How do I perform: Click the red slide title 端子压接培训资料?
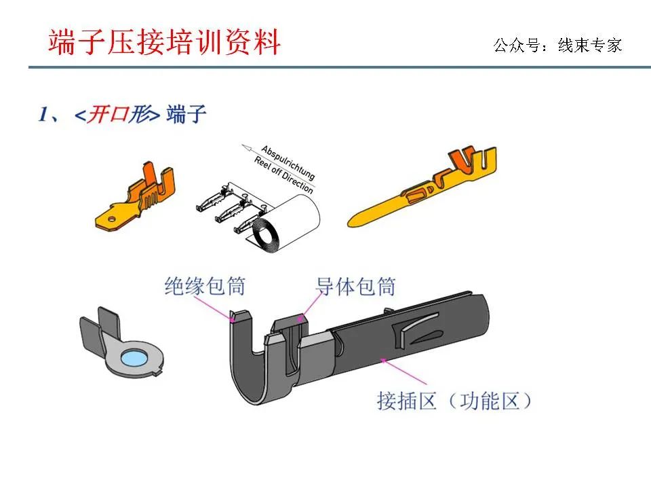(164, 42)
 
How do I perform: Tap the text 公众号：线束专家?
(557, 46)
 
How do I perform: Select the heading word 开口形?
(116, 114)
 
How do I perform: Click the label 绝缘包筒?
(204, 287)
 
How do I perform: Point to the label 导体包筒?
(355, 287)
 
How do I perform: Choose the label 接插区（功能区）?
(454, 401)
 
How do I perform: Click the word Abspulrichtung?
(288, 162)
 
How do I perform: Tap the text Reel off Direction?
(283, 175)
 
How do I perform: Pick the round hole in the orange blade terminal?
(107, 219)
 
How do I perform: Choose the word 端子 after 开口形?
(185, 114)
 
